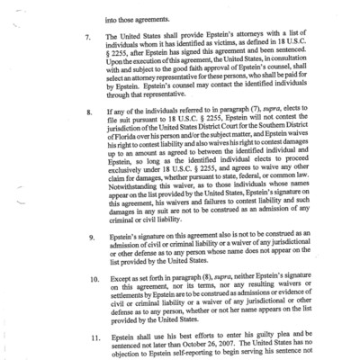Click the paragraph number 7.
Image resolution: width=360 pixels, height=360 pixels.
coord(88,38)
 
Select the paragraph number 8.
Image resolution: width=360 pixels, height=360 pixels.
coord(88,114)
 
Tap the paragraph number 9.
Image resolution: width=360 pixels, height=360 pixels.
coord(88,237)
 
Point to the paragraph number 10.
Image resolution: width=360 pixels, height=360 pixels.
coord(91,280)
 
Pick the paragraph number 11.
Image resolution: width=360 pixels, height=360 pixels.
coord(91,331)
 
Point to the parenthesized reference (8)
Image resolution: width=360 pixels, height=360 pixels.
coord(215,280)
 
